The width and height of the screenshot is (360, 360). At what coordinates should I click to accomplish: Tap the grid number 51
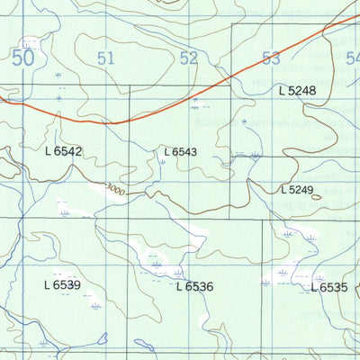click(106, 59)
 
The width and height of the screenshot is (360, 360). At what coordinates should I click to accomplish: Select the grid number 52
click(189, 59)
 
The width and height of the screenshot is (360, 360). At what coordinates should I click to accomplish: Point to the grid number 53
click(271, 59)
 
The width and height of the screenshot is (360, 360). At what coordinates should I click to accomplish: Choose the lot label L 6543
click(180, 153)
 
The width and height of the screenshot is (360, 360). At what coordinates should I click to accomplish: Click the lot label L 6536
click(194, 286)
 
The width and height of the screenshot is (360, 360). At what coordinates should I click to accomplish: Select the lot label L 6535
click(328, 287)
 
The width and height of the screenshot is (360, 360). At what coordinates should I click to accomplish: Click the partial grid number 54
click(352, 59)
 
